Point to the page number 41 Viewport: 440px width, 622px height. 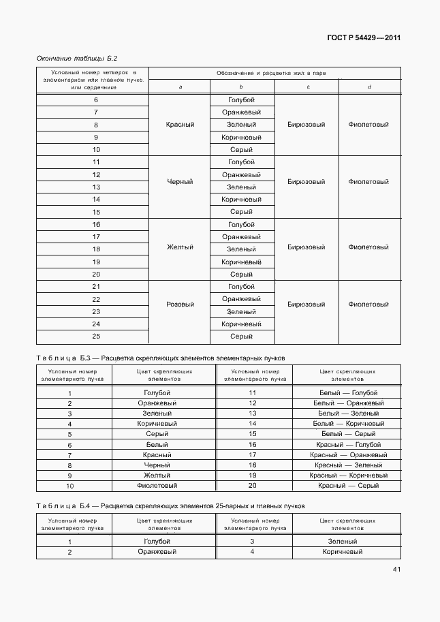396,570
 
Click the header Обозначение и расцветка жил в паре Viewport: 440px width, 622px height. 274,72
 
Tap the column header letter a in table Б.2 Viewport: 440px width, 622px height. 180,87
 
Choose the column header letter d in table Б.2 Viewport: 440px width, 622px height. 368,87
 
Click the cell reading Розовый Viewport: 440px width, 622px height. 180,305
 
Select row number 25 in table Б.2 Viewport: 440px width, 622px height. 96,337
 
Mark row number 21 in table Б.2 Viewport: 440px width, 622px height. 96,287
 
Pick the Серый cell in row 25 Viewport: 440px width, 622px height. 241,337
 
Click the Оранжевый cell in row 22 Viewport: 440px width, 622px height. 241,299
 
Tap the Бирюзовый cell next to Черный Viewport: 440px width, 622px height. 306,182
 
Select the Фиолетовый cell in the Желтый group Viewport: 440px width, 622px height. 368,247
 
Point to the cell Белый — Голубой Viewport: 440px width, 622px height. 348,393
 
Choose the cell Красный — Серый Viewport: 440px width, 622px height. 348,486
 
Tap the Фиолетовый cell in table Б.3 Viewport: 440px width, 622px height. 157,486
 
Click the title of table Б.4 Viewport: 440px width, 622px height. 170,506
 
